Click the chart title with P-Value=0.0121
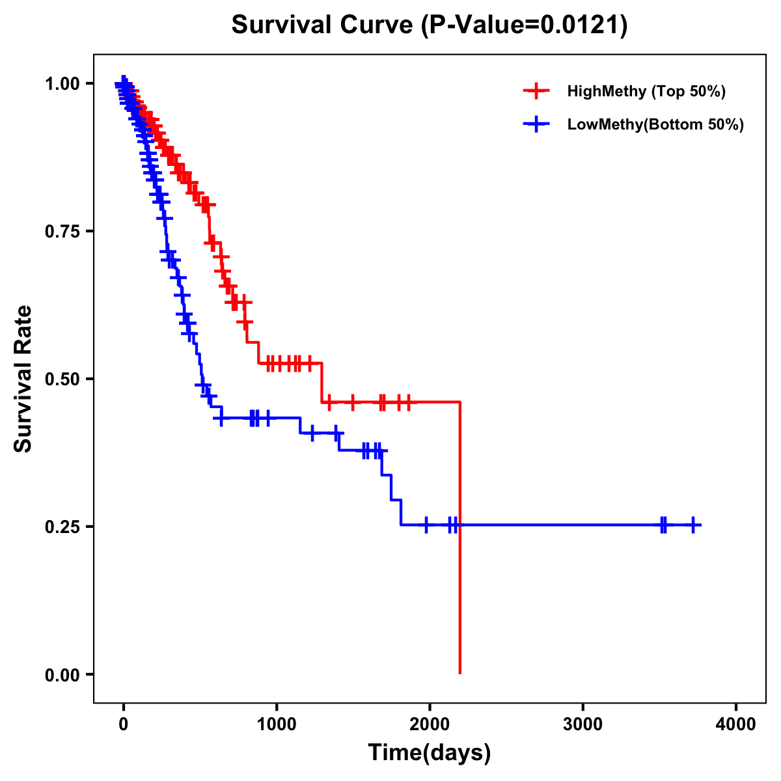coord(430,25)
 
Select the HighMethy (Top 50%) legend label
coord(646,91)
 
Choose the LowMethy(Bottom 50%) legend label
coord(655,124)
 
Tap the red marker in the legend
coord(536,91)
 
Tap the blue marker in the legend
coord(536,124)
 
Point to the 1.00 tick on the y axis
coord(62,84)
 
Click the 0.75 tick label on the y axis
coord(62,232)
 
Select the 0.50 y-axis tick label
coord(62,379)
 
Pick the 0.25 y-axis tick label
coord(62,527)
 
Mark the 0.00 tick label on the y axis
coord(62,675)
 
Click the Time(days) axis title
coord(430,753)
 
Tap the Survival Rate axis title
coord(24,379)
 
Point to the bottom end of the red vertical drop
coord(460,673)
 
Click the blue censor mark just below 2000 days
coord(426,525)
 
